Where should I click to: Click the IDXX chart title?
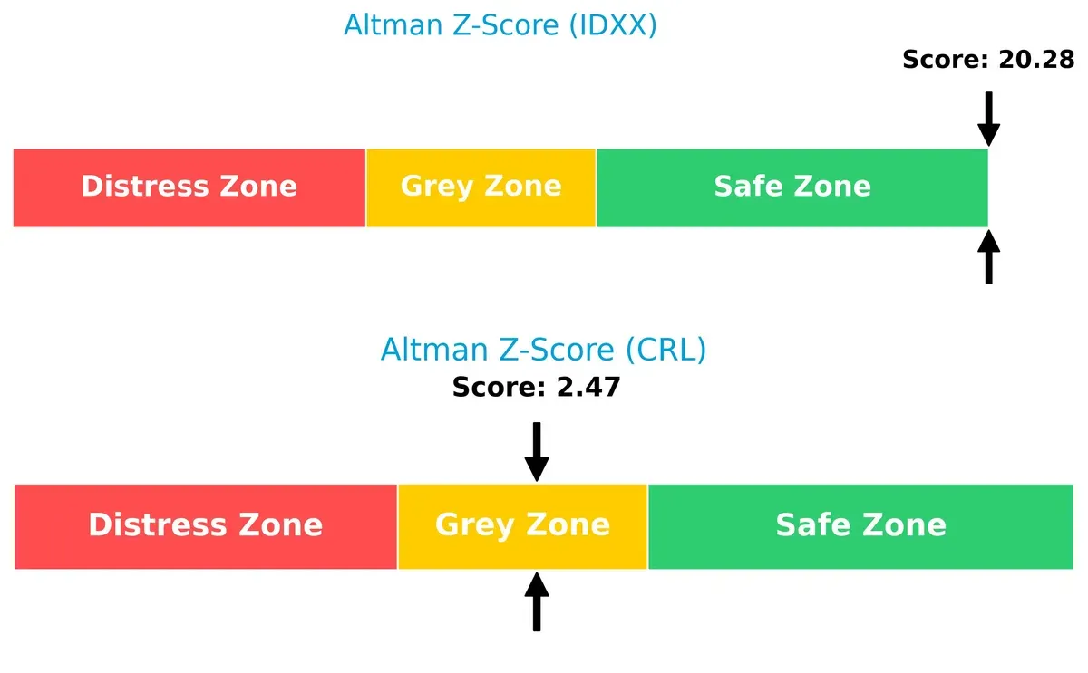(x=500, y=25)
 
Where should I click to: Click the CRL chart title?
(x=543, y=350)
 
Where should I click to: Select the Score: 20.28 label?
(x=988, y=61)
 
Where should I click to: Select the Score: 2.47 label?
(x=536, y=388)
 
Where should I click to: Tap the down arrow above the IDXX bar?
(x=988, y=119)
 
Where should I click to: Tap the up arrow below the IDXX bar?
(x=988, y=257)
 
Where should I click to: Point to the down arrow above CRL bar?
(x=537, y=451)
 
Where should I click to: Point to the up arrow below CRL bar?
(x=537, y=601)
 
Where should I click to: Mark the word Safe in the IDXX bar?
(x=745, y=187)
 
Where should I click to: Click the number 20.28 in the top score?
(x=1036, y=61)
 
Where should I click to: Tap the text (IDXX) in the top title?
(x=613, y=25)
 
